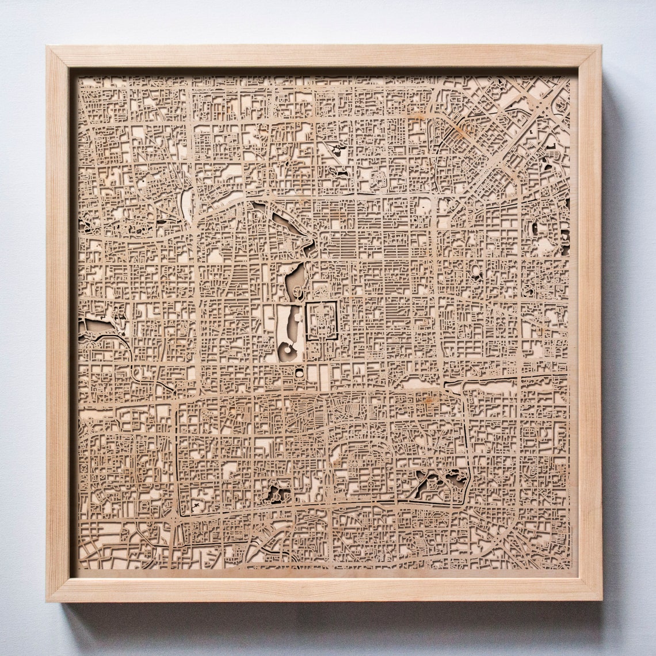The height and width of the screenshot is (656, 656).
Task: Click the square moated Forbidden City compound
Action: click(x=321, y=321)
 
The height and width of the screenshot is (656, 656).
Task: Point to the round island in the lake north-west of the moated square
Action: click(x=298, y=293)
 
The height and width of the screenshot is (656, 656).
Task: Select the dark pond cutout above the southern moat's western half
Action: click(x=277, y=492)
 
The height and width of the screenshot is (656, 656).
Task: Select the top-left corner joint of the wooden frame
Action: click(x=58, y=56)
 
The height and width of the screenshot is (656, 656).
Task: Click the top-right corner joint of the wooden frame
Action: click(x=590, y=56)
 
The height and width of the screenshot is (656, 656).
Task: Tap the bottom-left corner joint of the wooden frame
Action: click(x=58, y=590)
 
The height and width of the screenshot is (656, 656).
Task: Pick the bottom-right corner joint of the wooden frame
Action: click(x=590, y=590)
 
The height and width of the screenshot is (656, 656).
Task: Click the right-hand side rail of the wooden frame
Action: click(x=589, y=322)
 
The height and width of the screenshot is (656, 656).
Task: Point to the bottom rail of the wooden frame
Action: click(x=322, y=589)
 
